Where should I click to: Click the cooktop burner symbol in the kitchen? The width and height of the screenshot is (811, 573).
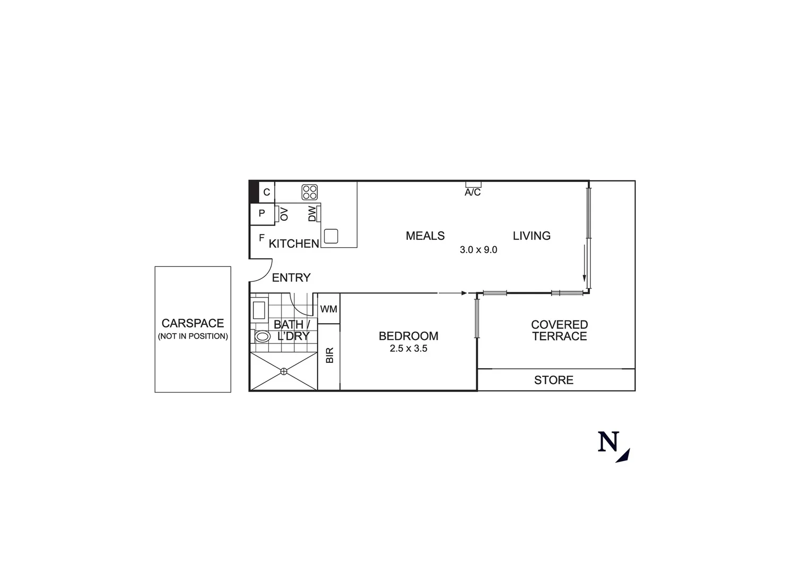click(x=310, y=192)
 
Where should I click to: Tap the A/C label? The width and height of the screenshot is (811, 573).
click(x=473, y=192)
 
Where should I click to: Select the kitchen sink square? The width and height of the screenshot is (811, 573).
click(x=331, y=236)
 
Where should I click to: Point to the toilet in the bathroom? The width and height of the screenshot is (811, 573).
click(x=262, y=336)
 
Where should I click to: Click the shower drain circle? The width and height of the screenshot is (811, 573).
click(x=284, y=371)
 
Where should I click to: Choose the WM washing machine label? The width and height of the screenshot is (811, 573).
click(x=329, y=309)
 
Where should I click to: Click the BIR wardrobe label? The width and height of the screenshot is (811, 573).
click(x=329, y=355)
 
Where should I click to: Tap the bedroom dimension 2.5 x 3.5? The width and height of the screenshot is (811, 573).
click(x=408, y=349)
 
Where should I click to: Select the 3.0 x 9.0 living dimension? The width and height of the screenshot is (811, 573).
click(x=478, y=250)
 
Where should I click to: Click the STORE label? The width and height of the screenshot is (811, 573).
click(x=554, y=380)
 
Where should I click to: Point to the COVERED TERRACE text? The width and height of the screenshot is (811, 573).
click(x=560, y=330)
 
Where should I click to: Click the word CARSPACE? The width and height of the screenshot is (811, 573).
click(x=193, y=323)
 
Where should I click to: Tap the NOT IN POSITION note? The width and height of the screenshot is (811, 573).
click(x=193, y=336)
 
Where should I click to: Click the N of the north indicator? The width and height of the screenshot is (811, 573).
click(x=608, y=442)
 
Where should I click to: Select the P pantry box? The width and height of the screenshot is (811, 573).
click(x=261, y=214)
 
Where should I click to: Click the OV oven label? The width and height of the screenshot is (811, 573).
click(x=284, y=214)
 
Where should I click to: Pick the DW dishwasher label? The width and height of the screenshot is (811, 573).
click(x=312, y=214)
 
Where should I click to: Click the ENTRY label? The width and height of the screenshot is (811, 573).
click(x=291, y=277)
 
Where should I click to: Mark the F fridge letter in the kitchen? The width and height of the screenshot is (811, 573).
click(x=261, y=238)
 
